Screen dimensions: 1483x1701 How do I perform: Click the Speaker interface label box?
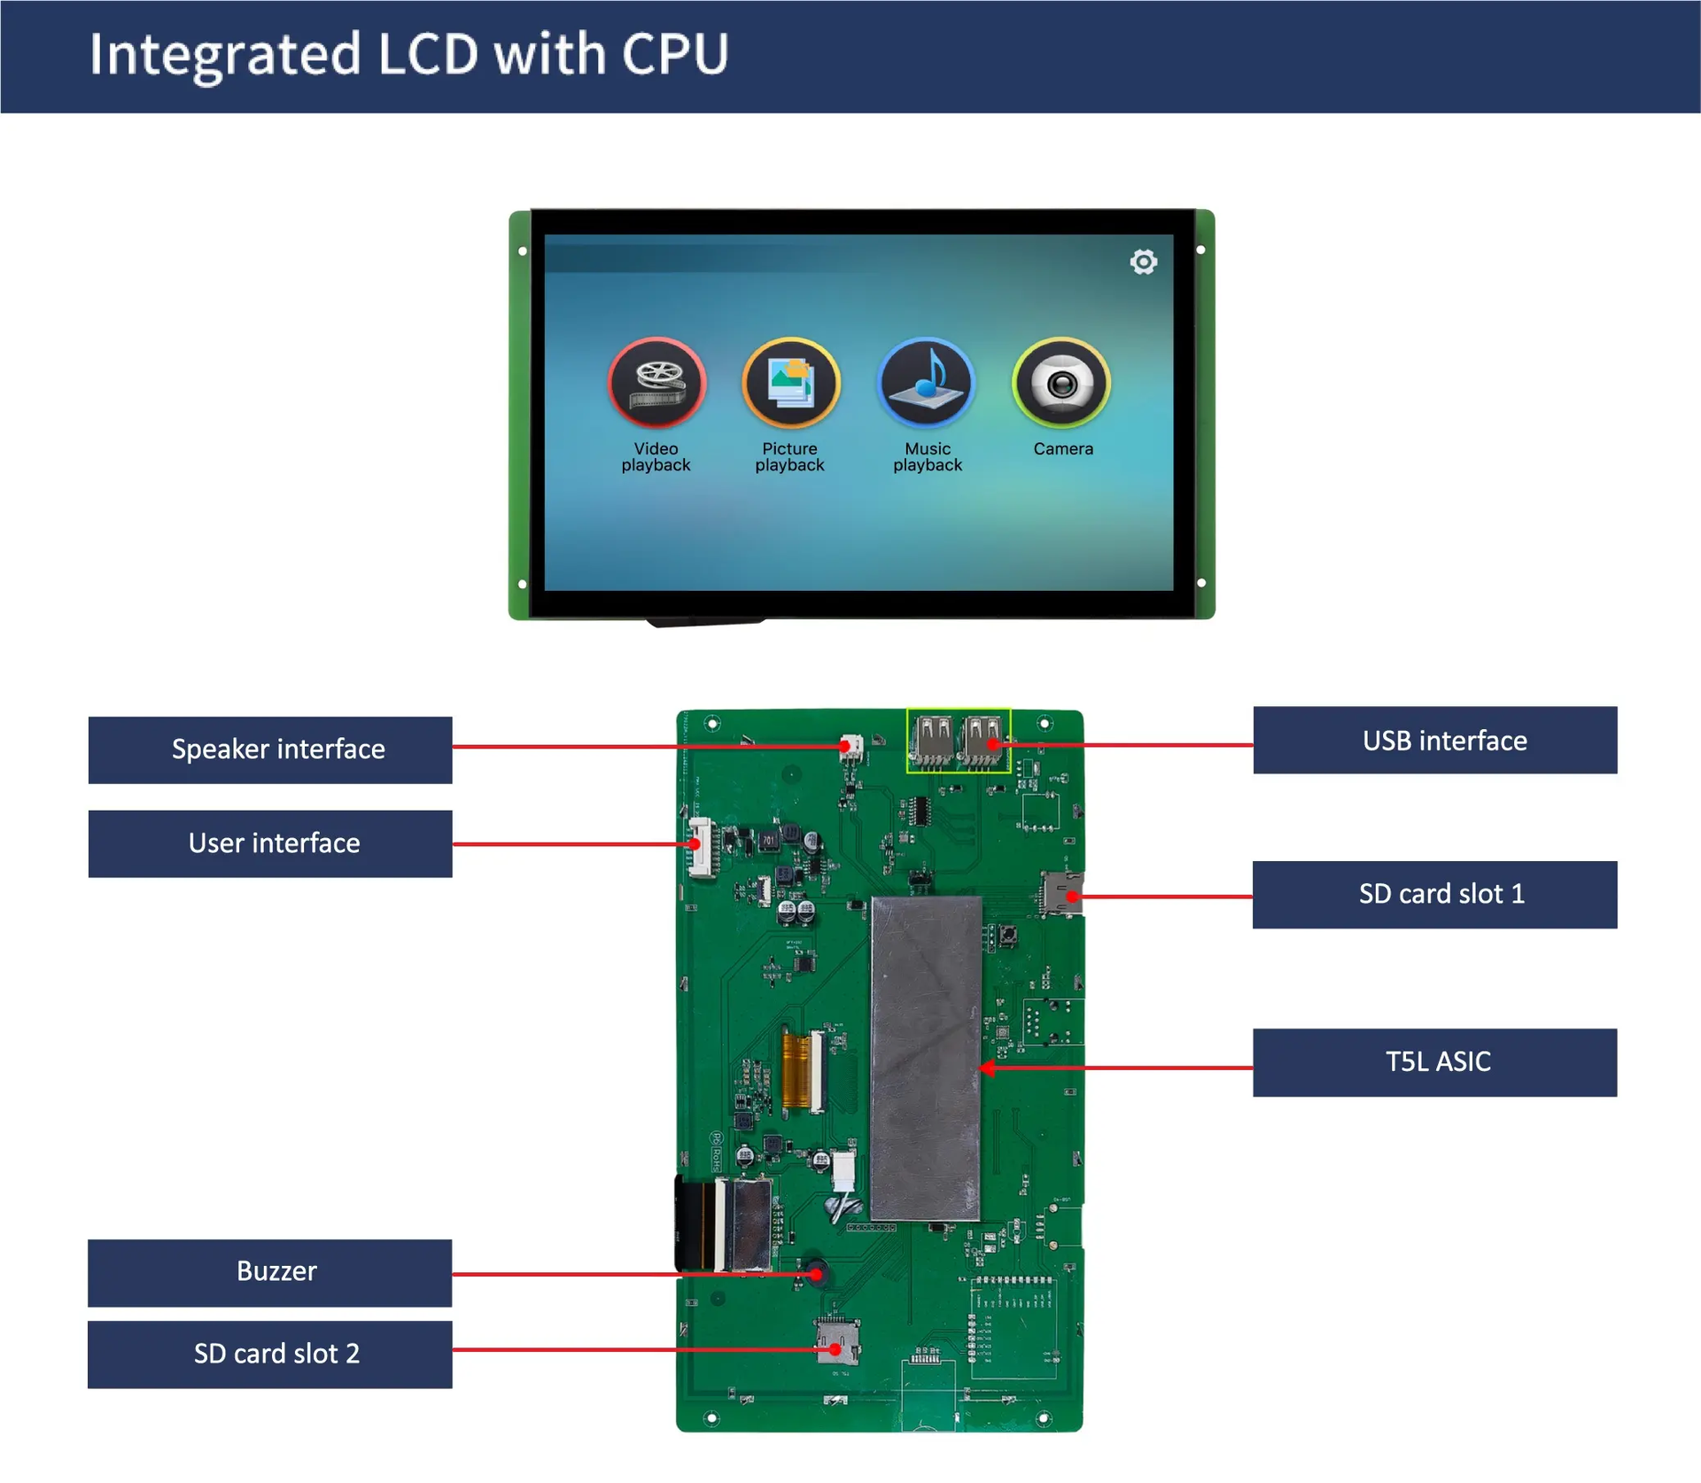tap(270, 749)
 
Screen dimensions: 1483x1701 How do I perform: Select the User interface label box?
tap(270, 843)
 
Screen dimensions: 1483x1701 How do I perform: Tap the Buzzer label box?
tap(270, 1272)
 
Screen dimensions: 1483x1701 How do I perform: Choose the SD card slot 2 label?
tap(270, 1354)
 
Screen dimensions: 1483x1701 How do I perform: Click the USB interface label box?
tap(1434, 741)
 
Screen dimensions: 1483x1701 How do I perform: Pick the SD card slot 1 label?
tap(1434, 895)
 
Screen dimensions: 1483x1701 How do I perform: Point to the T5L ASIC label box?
tap(1434, 1062)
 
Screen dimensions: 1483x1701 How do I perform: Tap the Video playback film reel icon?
tap(656, 384)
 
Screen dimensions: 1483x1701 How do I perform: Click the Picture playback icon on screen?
tap(790, 384)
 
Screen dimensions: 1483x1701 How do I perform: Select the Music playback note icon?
tap(927, 384)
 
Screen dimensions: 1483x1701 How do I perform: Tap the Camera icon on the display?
tap(1061, 384)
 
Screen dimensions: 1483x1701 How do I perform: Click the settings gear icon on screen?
tap(1144, 262)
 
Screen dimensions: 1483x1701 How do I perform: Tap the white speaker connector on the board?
tap(850, 745)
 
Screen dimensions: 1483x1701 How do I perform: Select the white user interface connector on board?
tap(701, 847)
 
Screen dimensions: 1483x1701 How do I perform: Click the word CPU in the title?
tap(675, 54)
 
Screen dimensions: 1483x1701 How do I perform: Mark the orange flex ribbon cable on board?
tap(796, 1072)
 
